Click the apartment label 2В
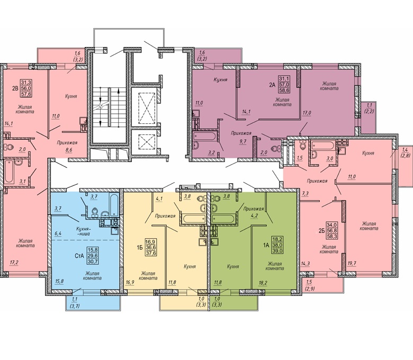coord(15,88)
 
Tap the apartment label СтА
coord(79,255)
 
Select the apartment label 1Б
coord(139,248)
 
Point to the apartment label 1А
coord(266,245)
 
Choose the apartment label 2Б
coord(321,231)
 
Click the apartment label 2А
coord(272,85)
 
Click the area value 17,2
coord(14,263)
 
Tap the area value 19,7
coord(352,263)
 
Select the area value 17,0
coord(307,112)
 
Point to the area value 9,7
coord(243,141)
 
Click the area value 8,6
coord(68,150)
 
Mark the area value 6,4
coord(58,233)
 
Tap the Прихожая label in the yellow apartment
coord(165,216)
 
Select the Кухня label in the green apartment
coord(233,266)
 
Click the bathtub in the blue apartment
coord(114,205)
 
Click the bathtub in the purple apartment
coord(204,136)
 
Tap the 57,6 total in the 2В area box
coord(26,94)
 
